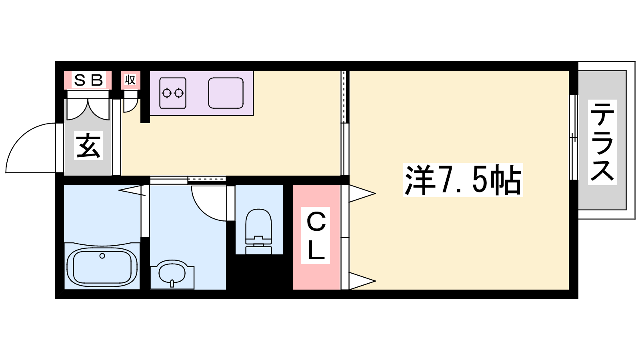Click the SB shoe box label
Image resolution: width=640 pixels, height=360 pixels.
[x=88, y=80]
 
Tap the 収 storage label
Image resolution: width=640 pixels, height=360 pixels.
[x=130, y=80]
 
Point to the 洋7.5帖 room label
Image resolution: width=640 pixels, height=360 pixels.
[x=463, y=180]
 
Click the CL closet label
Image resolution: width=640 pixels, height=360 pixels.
[x=316, y=236]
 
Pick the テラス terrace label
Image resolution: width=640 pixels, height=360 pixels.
[x=602, y=142]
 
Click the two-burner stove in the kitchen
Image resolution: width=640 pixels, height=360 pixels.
[x=173, y=93]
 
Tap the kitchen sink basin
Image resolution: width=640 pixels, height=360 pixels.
[x=226, y=93]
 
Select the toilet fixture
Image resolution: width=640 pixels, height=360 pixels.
[x=258, y=232]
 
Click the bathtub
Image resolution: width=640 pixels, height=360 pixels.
[x=102, y=267]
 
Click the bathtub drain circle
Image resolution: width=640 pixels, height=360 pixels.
[x=102, y=256]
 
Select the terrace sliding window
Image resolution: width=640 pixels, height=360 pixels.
[x=574, y=138]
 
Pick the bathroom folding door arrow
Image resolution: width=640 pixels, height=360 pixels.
[x=132, y=190]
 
